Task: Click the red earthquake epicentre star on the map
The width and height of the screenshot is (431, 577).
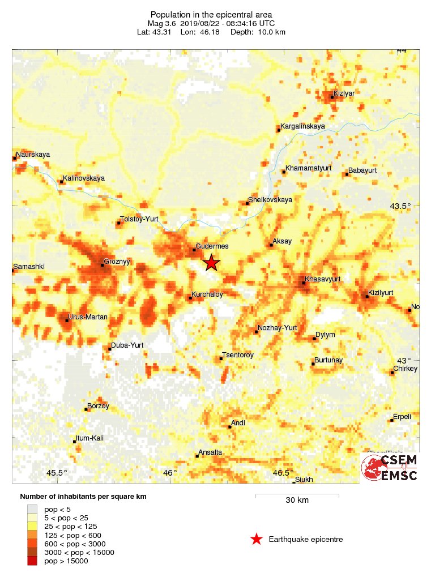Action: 211,263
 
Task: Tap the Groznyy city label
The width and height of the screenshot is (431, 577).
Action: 117,263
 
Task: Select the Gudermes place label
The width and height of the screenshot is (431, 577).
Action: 212,246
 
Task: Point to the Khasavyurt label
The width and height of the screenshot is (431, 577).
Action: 322,279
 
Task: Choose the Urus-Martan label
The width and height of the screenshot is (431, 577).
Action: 87,317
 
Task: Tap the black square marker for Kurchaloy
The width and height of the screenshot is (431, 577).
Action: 191,297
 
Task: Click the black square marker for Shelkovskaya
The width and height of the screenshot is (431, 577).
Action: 247,203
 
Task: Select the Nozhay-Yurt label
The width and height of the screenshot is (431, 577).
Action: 277,328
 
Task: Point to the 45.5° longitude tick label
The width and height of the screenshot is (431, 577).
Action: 57,473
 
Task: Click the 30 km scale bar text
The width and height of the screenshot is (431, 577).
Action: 297,500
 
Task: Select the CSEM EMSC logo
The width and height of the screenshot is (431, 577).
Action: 390,468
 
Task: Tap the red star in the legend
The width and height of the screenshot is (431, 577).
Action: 257,539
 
